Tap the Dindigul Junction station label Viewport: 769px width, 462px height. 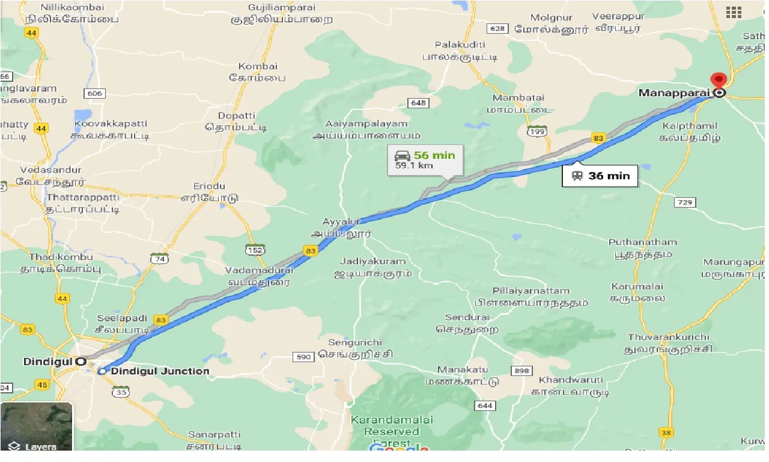160,371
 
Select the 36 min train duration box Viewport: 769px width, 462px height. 600,176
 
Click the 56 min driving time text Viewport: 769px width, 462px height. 434,155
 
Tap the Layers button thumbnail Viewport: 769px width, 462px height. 36,427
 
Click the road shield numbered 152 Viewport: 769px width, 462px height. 255,249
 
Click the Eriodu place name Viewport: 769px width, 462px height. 209,186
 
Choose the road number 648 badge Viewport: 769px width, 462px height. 419,103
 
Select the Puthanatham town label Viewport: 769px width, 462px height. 642,242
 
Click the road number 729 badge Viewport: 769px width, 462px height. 685,203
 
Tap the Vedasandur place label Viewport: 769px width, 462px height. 51,170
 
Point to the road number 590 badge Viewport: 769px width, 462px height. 304,357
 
